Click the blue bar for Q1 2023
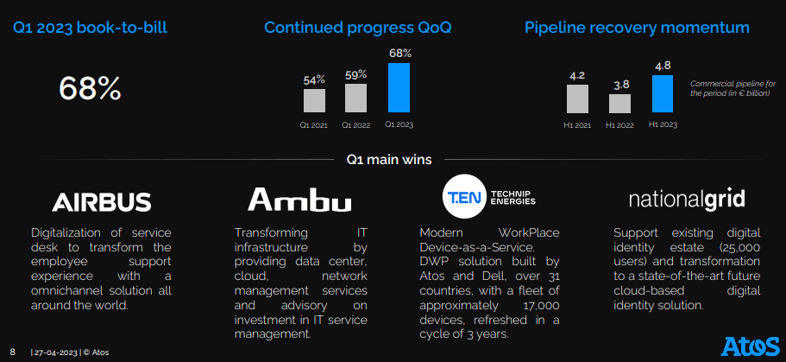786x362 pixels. (x=399, y=87)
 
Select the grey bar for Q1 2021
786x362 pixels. (x=314, y=100)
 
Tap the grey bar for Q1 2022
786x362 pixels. (x=356, y=98)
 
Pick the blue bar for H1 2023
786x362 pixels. (x=663, y=94)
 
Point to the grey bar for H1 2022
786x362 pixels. (x=620, y=104)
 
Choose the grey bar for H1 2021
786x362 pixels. (x=577, y=98)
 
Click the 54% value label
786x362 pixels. (x=314, y=79)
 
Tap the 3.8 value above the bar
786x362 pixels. (x=621, y=85)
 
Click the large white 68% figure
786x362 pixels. (x=91, y=88)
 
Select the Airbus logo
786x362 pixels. (x=101, y=202)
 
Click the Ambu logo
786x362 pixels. (x=299, y=200)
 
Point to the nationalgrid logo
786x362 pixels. (x=687, y=200)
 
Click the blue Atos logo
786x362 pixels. (x=751, y=347)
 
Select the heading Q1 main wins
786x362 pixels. (x=389, y=160)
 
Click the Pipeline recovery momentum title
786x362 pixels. (x=637, y=28)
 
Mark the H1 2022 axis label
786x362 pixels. (x=620, y=125)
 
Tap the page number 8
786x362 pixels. (x=13, y=352)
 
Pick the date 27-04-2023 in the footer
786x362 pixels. (x=55, y=352)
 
